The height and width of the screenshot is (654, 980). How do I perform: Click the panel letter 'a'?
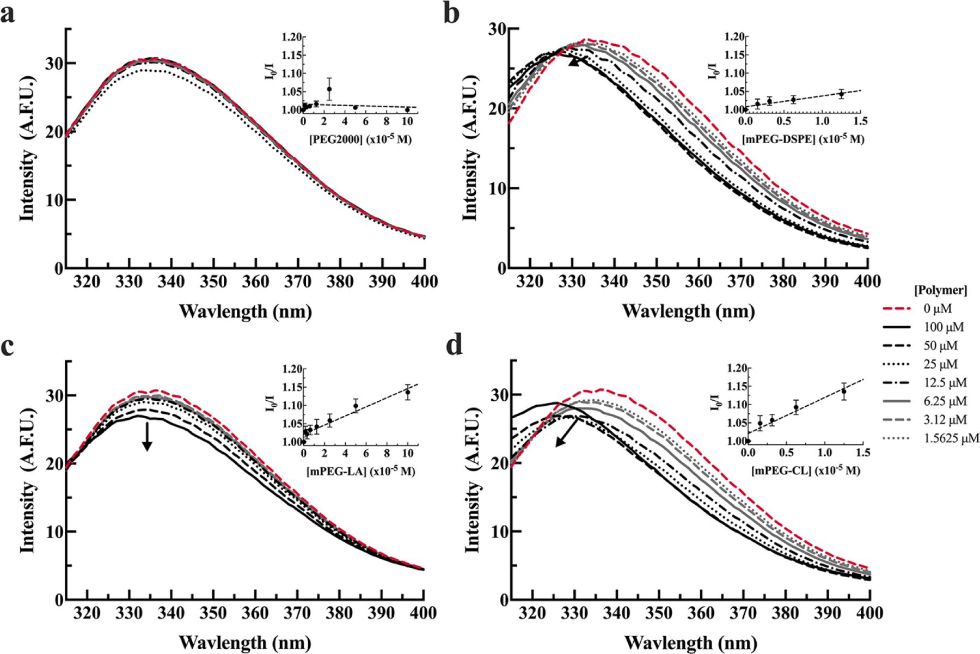pyautogui.click(x=8, y=14)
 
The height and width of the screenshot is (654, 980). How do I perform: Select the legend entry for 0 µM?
pyautogui.click(x=937, y=309)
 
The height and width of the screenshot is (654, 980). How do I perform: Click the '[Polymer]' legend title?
pyautogui.click(x=940, y=290)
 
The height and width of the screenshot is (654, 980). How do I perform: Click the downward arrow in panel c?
pyautogui.click(x=147, y=438)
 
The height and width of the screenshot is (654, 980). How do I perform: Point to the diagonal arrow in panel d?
pyautogui.click(x=567, y=435)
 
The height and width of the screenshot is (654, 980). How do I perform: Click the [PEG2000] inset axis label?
pyautogui.click(x=360, y=139)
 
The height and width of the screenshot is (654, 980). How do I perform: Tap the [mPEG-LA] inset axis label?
pyautogui.click(x=360, y=471)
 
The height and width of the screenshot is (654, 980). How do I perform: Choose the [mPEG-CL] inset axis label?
pyautogui.click(x=806, y=470)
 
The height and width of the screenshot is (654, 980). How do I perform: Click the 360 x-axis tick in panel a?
pyautogui.click(x=255, y=282)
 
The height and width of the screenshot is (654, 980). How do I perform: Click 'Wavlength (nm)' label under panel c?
pyautogui.click(x=245, y=643)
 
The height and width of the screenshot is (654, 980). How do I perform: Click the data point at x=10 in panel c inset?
pyautogui.click(x=407, y=392)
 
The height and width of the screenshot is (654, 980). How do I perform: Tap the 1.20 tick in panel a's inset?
pyautogui.click(x=291, y=37)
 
